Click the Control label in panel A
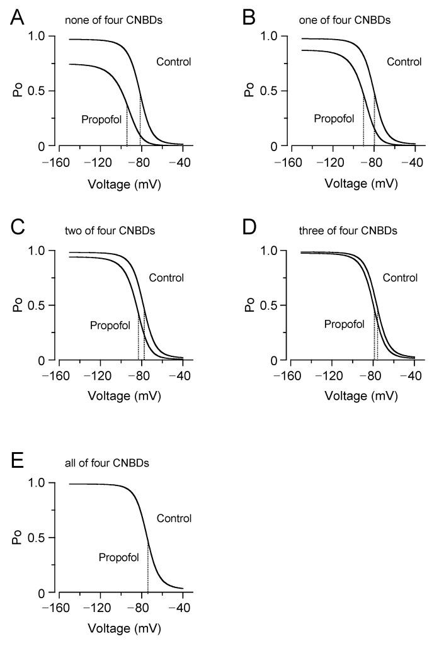click(173, 62)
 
